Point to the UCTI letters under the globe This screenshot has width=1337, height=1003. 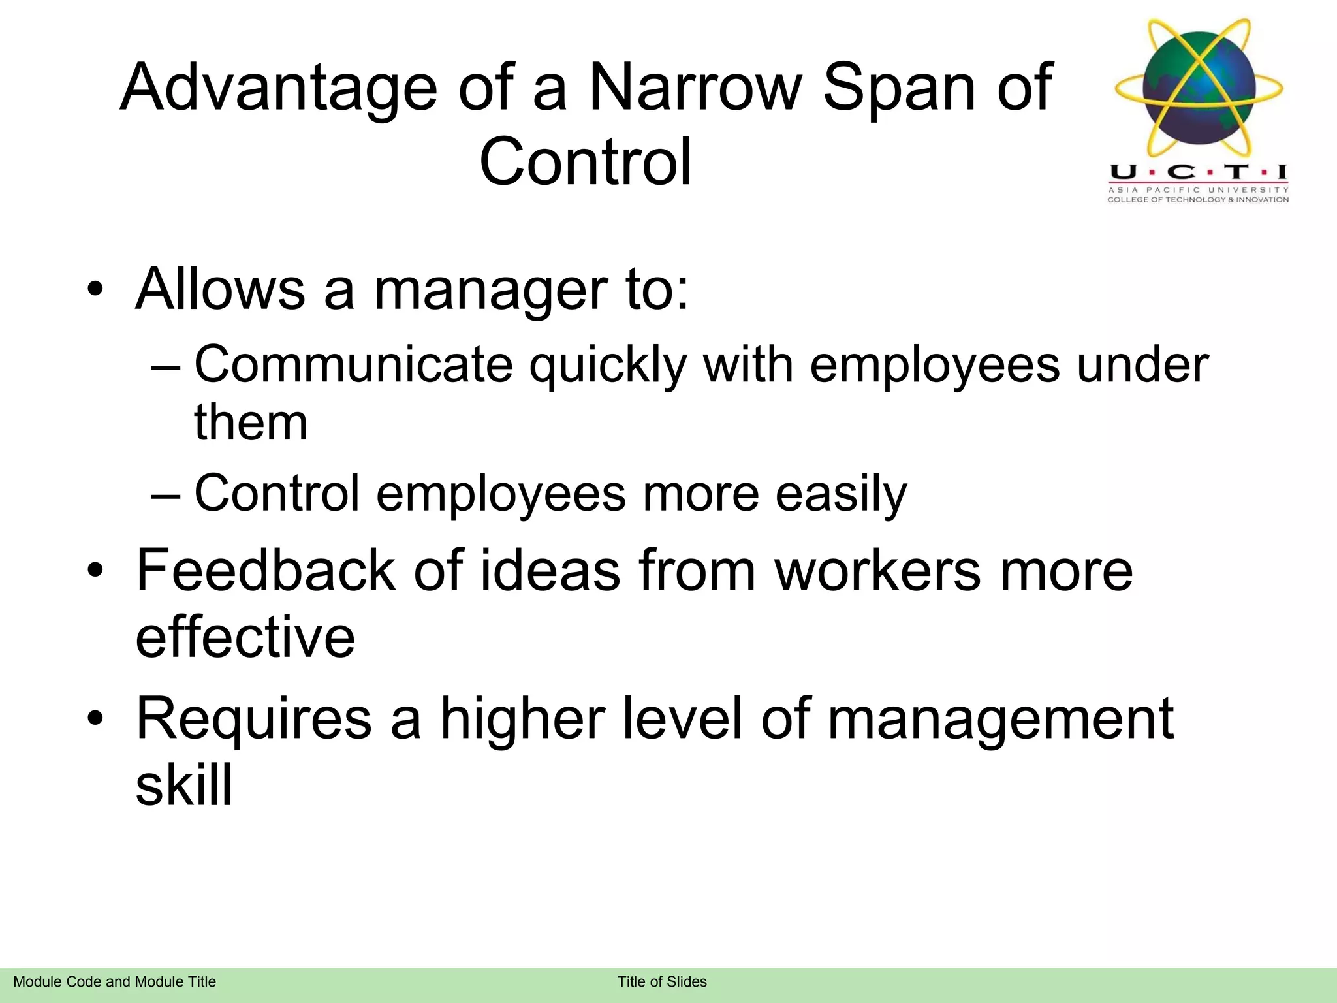(1198, 172)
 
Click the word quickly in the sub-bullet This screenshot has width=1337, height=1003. (607, 366)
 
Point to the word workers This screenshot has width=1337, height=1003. (877, 571)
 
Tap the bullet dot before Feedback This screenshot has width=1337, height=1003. (95, 571)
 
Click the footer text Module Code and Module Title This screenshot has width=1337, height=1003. (114, 982)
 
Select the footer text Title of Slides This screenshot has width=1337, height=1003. (662, 982)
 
